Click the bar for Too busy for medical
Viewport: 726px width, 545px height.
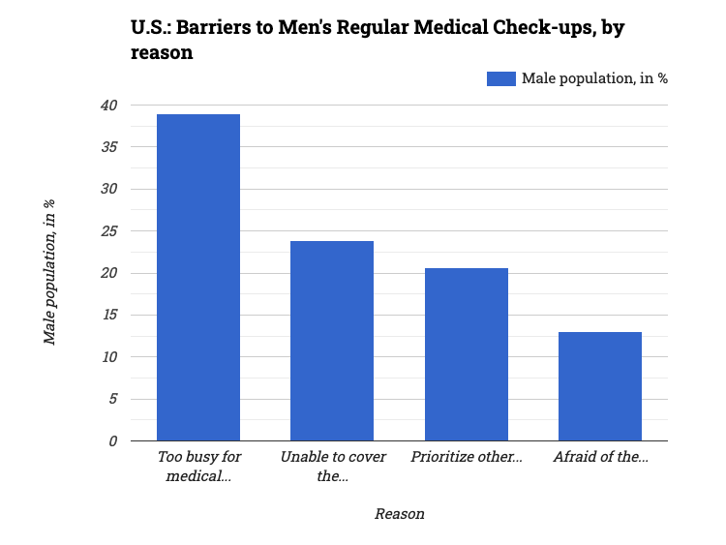[198, 278]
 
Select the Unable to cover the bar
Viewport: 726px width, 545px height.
[332, 341]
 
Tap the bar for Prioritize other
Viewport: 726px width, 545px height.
[467, 354]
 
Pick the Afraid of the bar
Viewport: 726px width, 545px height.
[600, 386]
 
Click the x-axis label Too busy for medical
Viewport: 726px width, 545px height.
[198, 466]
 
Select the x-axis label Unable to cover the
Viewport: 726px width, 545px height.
[332, 466]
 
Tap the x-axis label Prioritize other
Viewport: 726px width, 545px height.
[467, 457]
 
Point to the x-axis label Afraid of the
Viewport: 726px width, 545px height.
[600, 457]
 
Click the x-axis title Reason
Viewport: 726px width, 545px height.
[399, 514]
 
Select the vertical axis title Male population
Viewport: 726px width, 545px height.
[49, 272]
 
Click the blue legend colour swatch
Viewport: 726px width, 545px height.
[501, 78]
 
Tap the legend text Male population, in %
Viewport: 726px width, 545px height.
[594, 78]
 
